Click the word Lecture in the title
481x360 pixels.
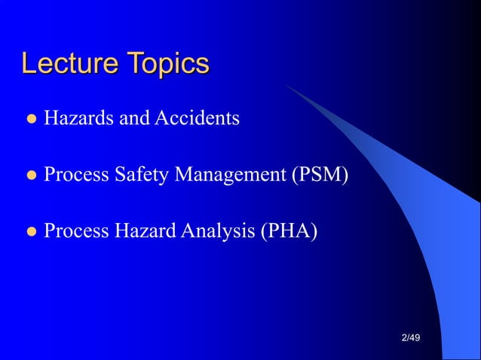(x=69, y=64)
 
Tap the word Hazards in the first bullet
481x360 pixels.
(x=75, y=118)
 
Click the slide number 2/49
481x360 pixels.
(x=411, y=338)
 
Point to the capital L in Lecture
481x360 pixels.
(x=29, y=64)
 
